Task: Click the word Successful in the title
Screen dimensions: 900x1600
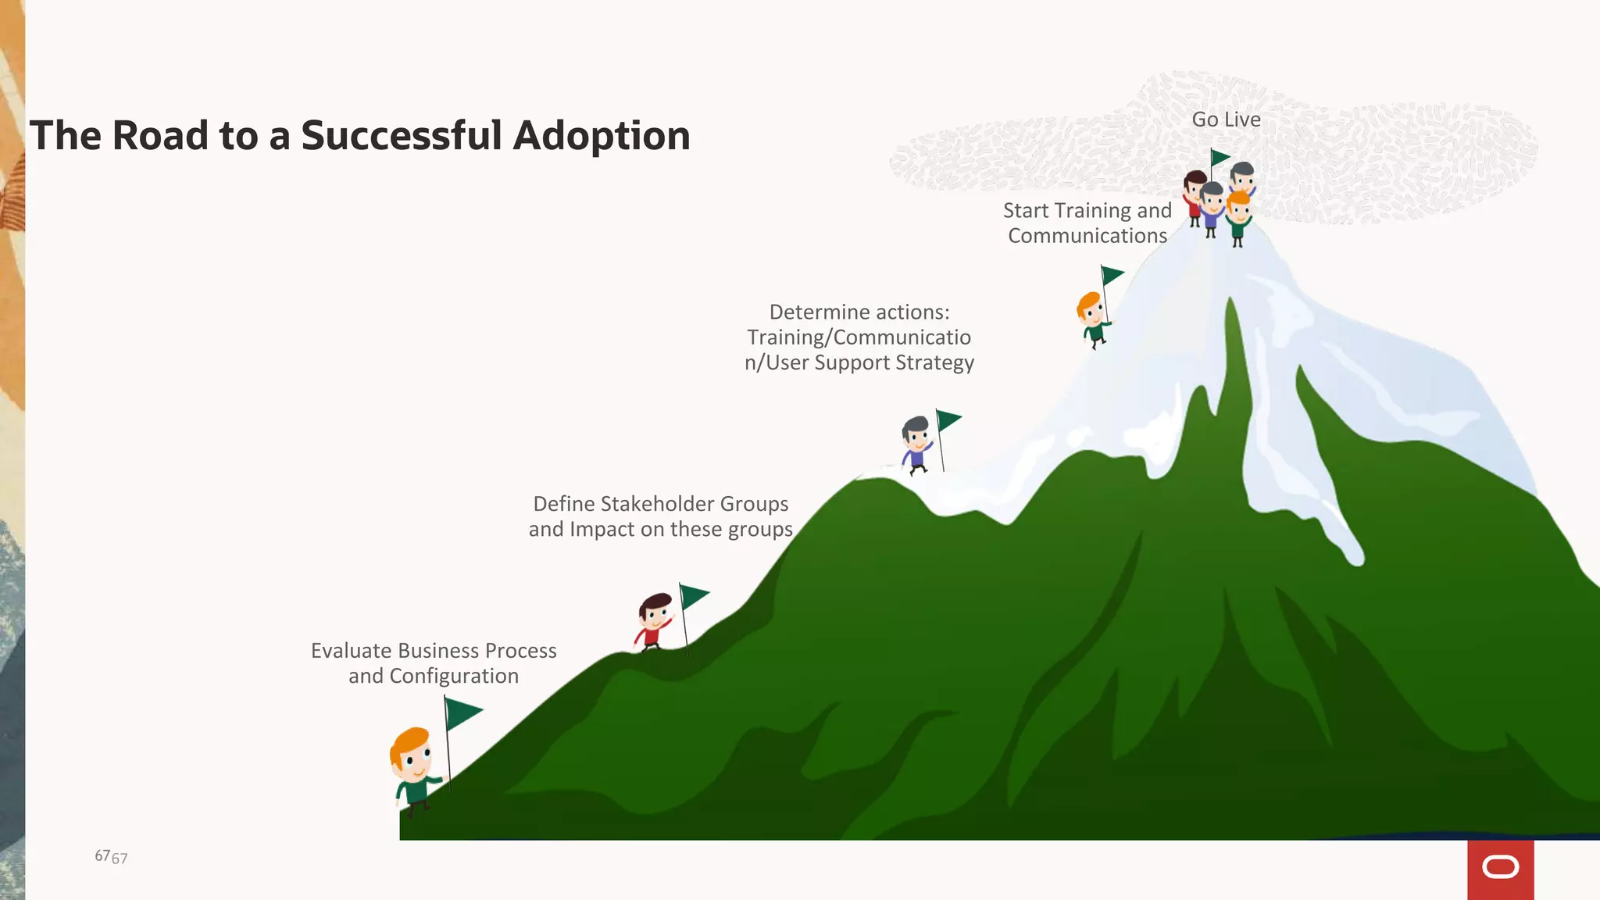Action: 402,136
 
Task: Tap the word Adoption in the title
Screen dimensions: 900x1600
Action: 602,136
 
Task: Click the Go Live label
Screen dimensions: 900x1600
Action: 1226,120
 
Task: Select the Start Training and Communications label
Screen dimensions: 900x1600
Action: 1087,223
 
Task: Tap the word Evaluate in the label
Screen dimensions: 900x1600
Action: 351,651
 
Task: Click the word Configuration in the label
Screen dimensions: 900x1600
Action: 453,676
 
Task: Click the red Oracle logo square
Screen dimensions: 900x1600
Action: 1500,869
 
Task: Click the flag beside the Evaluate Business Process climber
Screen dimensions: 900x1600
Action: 462,712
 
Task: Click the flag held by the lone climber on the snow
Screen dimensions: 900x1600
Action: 1111,275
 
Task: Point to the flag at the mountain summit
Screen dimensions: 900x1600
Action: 1219,157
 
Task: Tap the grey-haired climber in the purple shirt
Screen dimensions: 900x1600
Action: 916,444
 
